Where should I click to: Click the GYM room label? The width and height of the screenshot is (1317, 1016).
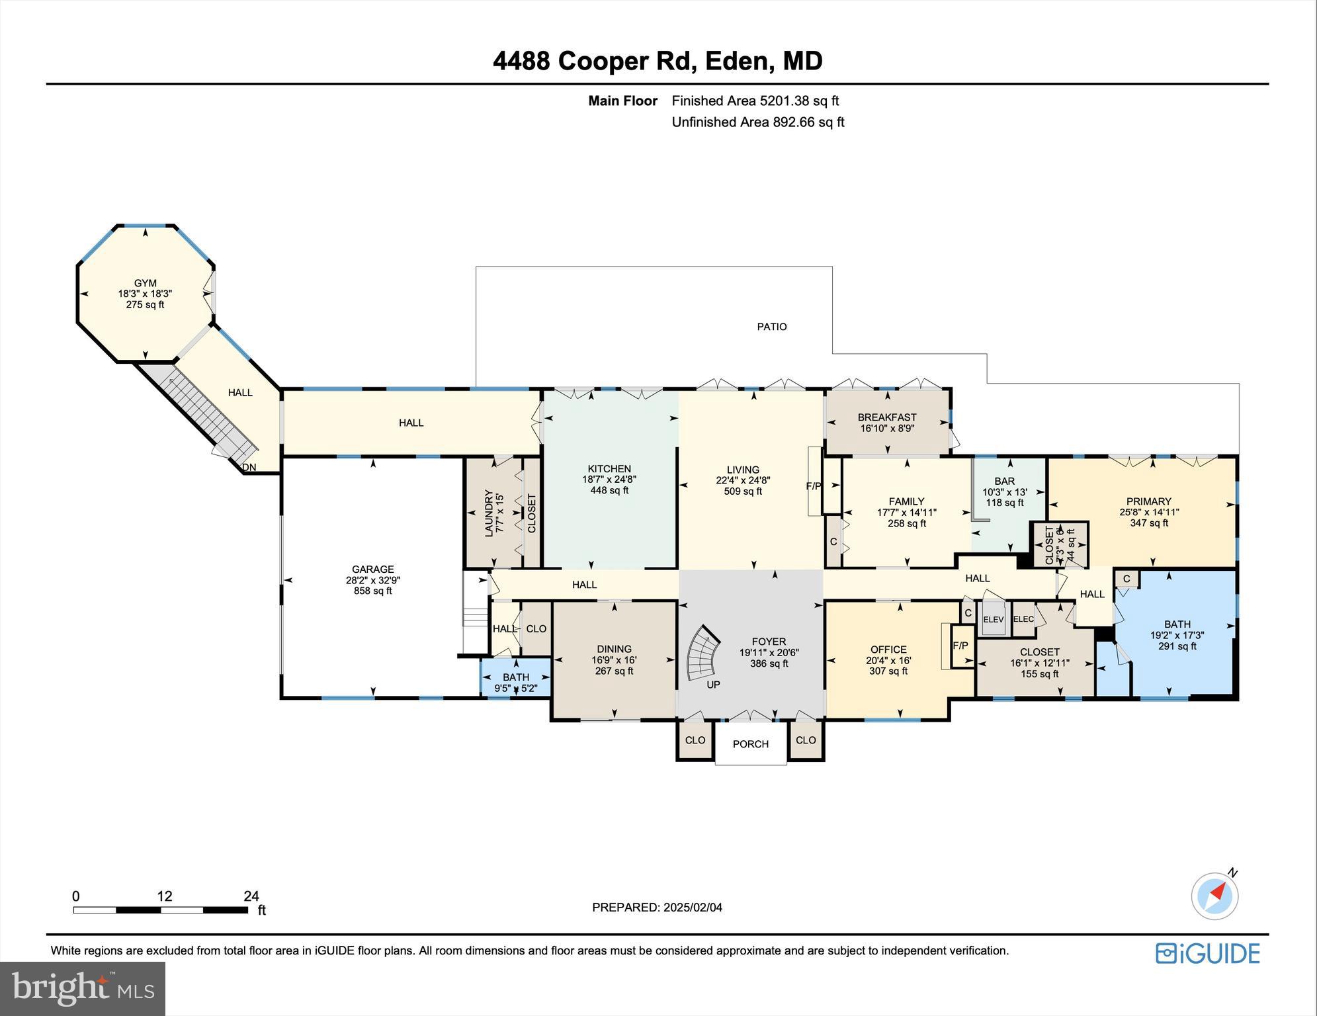click(x=145, y=283)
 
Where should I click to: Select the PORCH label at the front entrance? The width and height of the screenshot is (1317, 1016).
click(x=750, y=744)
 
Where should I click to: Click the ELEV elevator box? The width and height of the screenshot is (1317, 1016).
click(x=993, y=620)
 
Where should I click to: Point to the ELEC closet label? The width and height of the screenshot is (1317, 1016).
click(x=1023, y=619)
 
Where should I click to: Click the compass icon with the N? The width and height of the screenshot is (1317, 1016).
click(x=1214, y=896)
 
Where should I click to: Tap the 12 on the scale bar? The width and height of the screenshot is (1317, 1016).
click(x=164, y=896)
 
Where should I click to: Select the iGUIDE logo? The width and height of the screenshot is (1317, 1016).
click(x=1207, y=953)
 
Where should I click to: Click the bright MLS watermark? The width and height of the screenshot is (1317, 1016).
click(x=82, y=988)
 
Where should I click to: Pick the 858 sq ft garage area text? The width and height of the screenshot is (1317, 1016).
click(x=372, y=591)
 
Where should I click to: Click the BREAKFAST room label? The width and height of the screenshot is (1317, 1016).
click(x=886, y=417)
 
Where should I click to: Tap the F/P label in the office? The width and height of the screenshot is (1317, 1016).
click(x=960, y=646)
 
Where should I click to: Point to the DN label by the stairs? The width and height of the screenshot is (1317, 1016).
click(x=249, y=468)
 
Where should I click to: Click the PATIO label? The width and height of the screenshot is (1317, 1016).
click(x=771, y=327)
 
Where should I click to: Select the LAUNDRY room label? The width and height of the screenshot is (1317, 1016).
click(x=489, y=513)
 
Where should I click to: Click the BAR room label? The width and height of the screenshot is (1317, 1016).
click(x=1003, y=482)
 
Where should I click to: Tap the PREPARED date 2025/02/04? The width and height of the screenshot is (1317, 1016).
click(x=657, y=908)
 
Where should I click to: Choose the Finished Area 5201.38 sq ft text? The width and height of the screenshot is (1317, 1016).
click(x=755, y=101)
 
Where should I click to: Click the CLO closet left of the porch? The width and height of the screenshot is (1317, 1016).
click(x=695, y=740)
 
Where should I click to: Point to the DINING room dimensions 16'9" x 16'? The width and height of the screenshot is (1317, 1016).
click(x=614, y=660)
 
